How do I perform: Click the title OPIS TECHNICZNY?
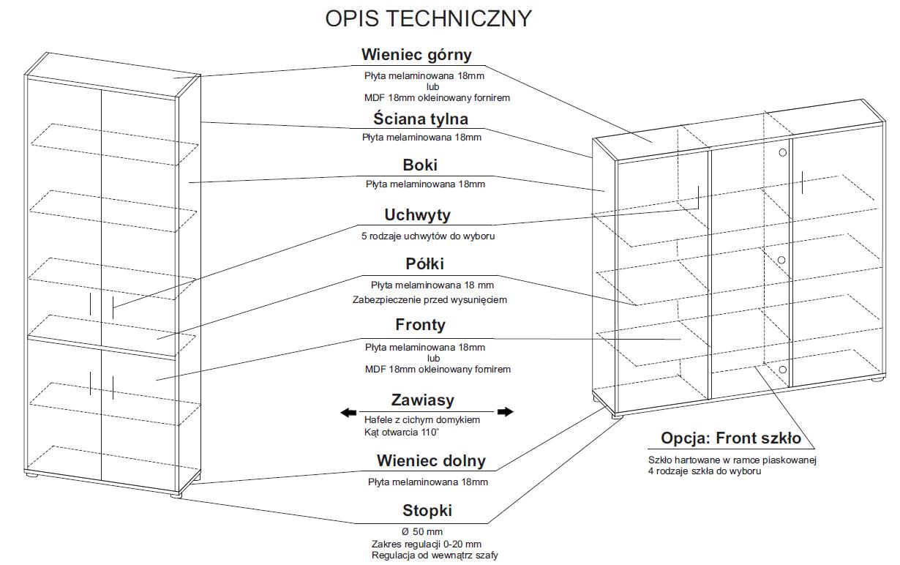pos(428,19)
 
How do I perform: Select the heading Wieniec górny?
pos(416,55)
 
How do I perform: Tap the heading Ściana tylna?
pos(420,119)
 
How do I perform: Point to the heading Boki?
pos(420,165)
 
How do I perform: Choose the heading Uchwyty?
pos(417,215)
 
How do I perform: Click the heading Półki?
pos(424,263)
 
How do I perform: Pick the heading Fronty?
pos(420,324)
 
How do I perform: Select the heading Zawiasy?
pos(422,400)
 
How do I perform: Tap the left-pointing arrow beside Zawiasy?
pos(348,413)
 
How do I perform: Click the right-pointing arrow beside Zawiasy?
pos(505,412)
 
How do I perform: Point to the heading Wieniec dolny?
pos(431,461)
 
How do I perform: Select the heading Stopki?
pos(427,511)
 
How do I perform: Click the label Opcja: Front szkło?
pos(731,438)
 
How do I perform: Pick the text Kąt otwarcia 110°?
pos(402,432)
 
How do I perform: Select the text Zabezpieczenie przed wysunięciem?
pos(429,299)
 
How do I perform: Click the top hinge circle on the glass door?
pos(783,152)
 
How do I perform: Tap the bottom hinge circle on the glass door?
pos(783,370)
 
